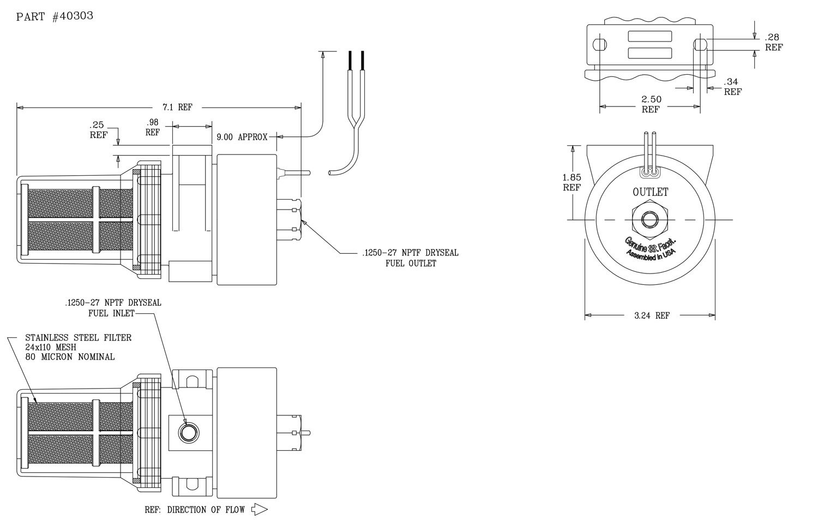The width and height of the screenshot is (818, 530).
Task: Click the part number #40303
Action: [x=73, y=16]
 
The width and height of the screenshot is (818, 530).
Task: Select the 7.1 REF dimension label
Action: [x=177, y=107]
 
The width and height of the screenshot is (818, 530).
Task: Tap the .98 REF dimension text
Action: [x=153, y=127]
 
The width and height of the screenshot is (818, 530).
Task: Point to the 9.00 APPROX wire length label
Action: [x=242, y=137]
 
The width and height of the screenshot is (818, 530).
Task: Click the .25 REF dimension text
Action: [x=98, y=130]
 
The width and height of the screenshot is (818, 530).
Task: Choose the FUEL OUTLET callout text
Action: [x=411, y=264]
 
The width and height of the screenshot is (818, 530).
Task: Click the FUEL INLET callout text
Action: [x=111, y=313]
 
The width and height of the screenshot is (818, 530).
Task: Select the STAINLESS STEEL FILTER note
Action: [x=78, y=338]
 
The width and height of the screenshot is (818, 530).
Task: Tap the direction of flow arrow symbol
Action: [x=259, y=509]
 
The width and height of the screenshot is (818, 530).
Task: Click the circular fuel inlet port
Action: [x=189, y=433]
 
